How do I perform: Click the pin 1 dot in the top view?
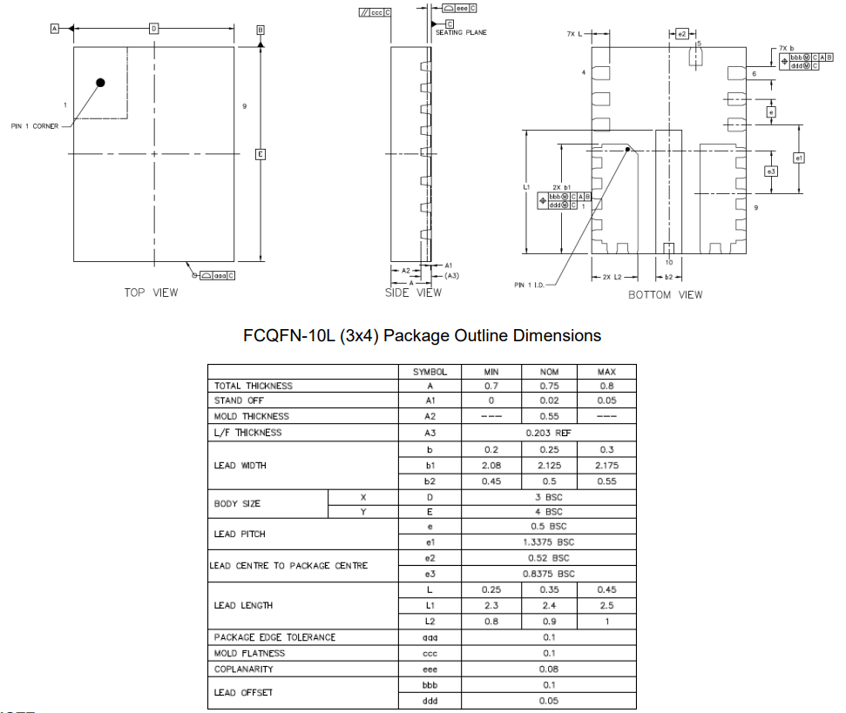coord(101,83)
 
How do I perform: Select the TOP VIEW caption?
coord(151,293)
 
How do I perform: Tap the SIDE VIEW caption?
coord(413,293)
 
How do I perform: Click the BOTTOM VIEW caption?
coord(666,295)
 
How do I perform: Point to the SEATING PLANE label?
coord(461,32)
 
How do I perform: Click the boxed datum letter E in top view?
coord(260,154)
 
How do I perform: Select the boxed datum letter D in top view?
coord(154,29)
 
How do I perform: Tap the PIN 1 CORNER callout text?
coord(35,126)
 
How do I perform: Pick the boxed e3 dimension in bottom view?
coord(771,172)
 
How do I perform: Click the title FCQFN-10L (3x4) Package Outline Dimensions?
coord(422,335)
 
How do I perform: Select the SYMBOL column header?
coord(430,372)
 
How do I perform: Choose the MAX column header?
coord(606,372)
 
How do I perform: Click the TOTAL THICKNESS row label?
coord(254,386)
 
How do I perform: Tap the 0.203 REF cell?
coord(548,433)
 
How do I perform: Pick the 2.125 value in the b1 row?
coord(549,466)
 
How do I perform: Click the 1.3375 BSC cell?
coord(548,541)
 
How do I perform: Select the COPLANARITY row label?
coord(244,669)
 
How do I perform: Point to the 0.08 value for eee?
coord(548,669)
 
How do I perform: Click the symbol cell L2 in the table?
coord(430,622)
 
